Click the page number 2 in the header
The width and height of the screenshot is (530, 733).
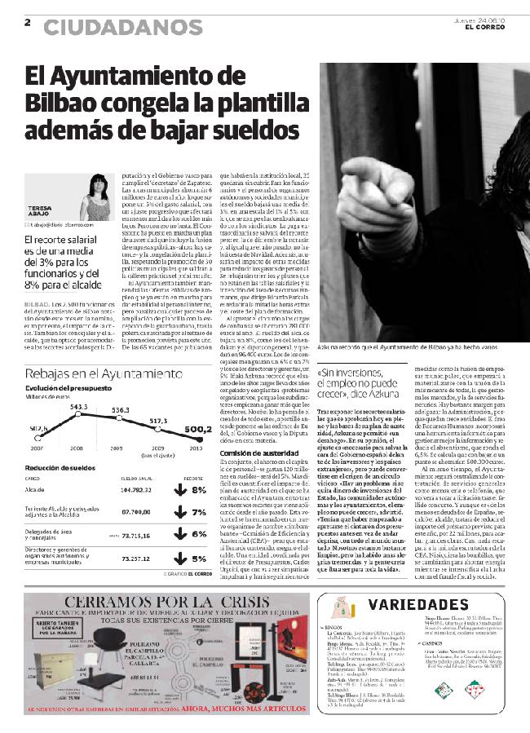click(28, 22)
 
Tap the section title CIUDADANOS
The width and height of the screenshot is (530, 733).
click(122, 27)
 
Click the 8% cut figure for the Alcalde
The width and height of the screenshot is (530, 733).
click(200, 489)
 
